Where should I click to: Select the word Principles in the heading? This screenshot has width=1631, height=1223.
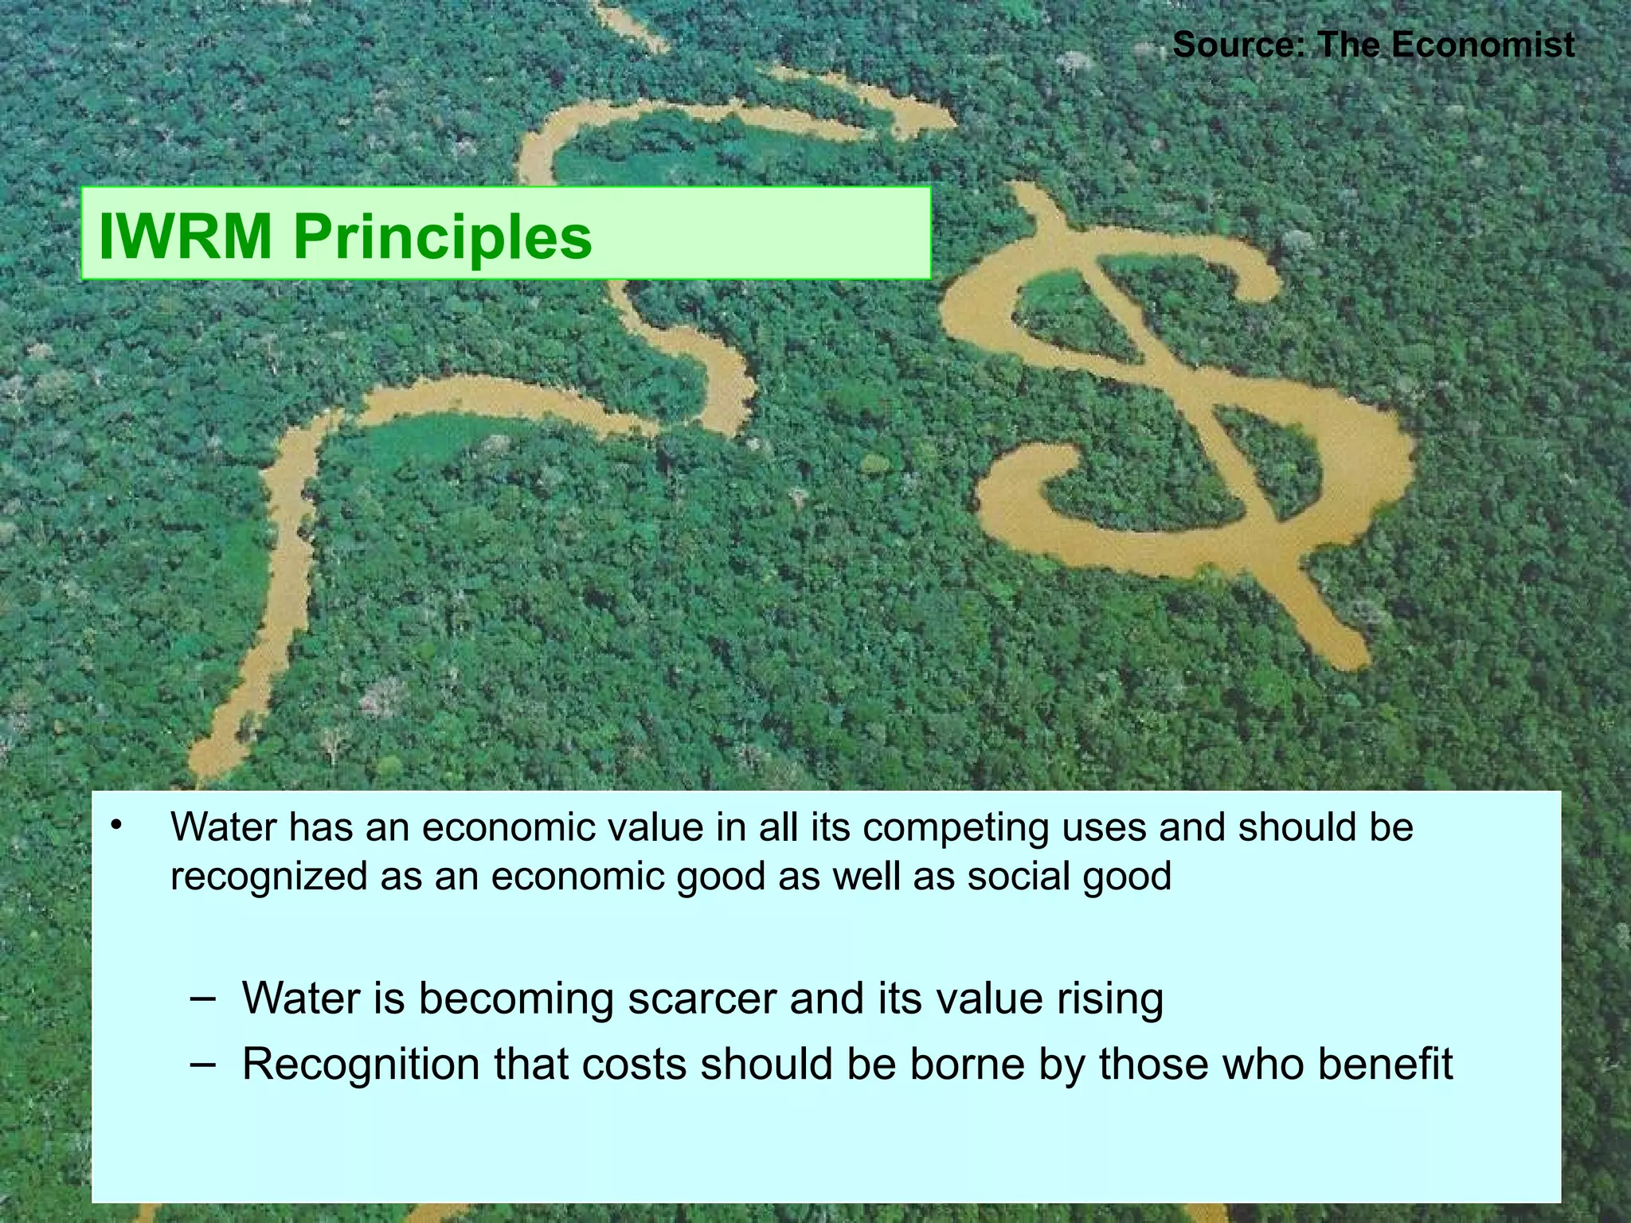[x=443, y=236]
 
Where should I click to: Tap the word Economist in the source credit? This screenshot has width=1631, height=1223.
[x=1483, y=44]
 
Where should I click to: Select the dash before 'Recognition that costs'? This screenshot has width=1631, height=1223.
[x=203, y=1064]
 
